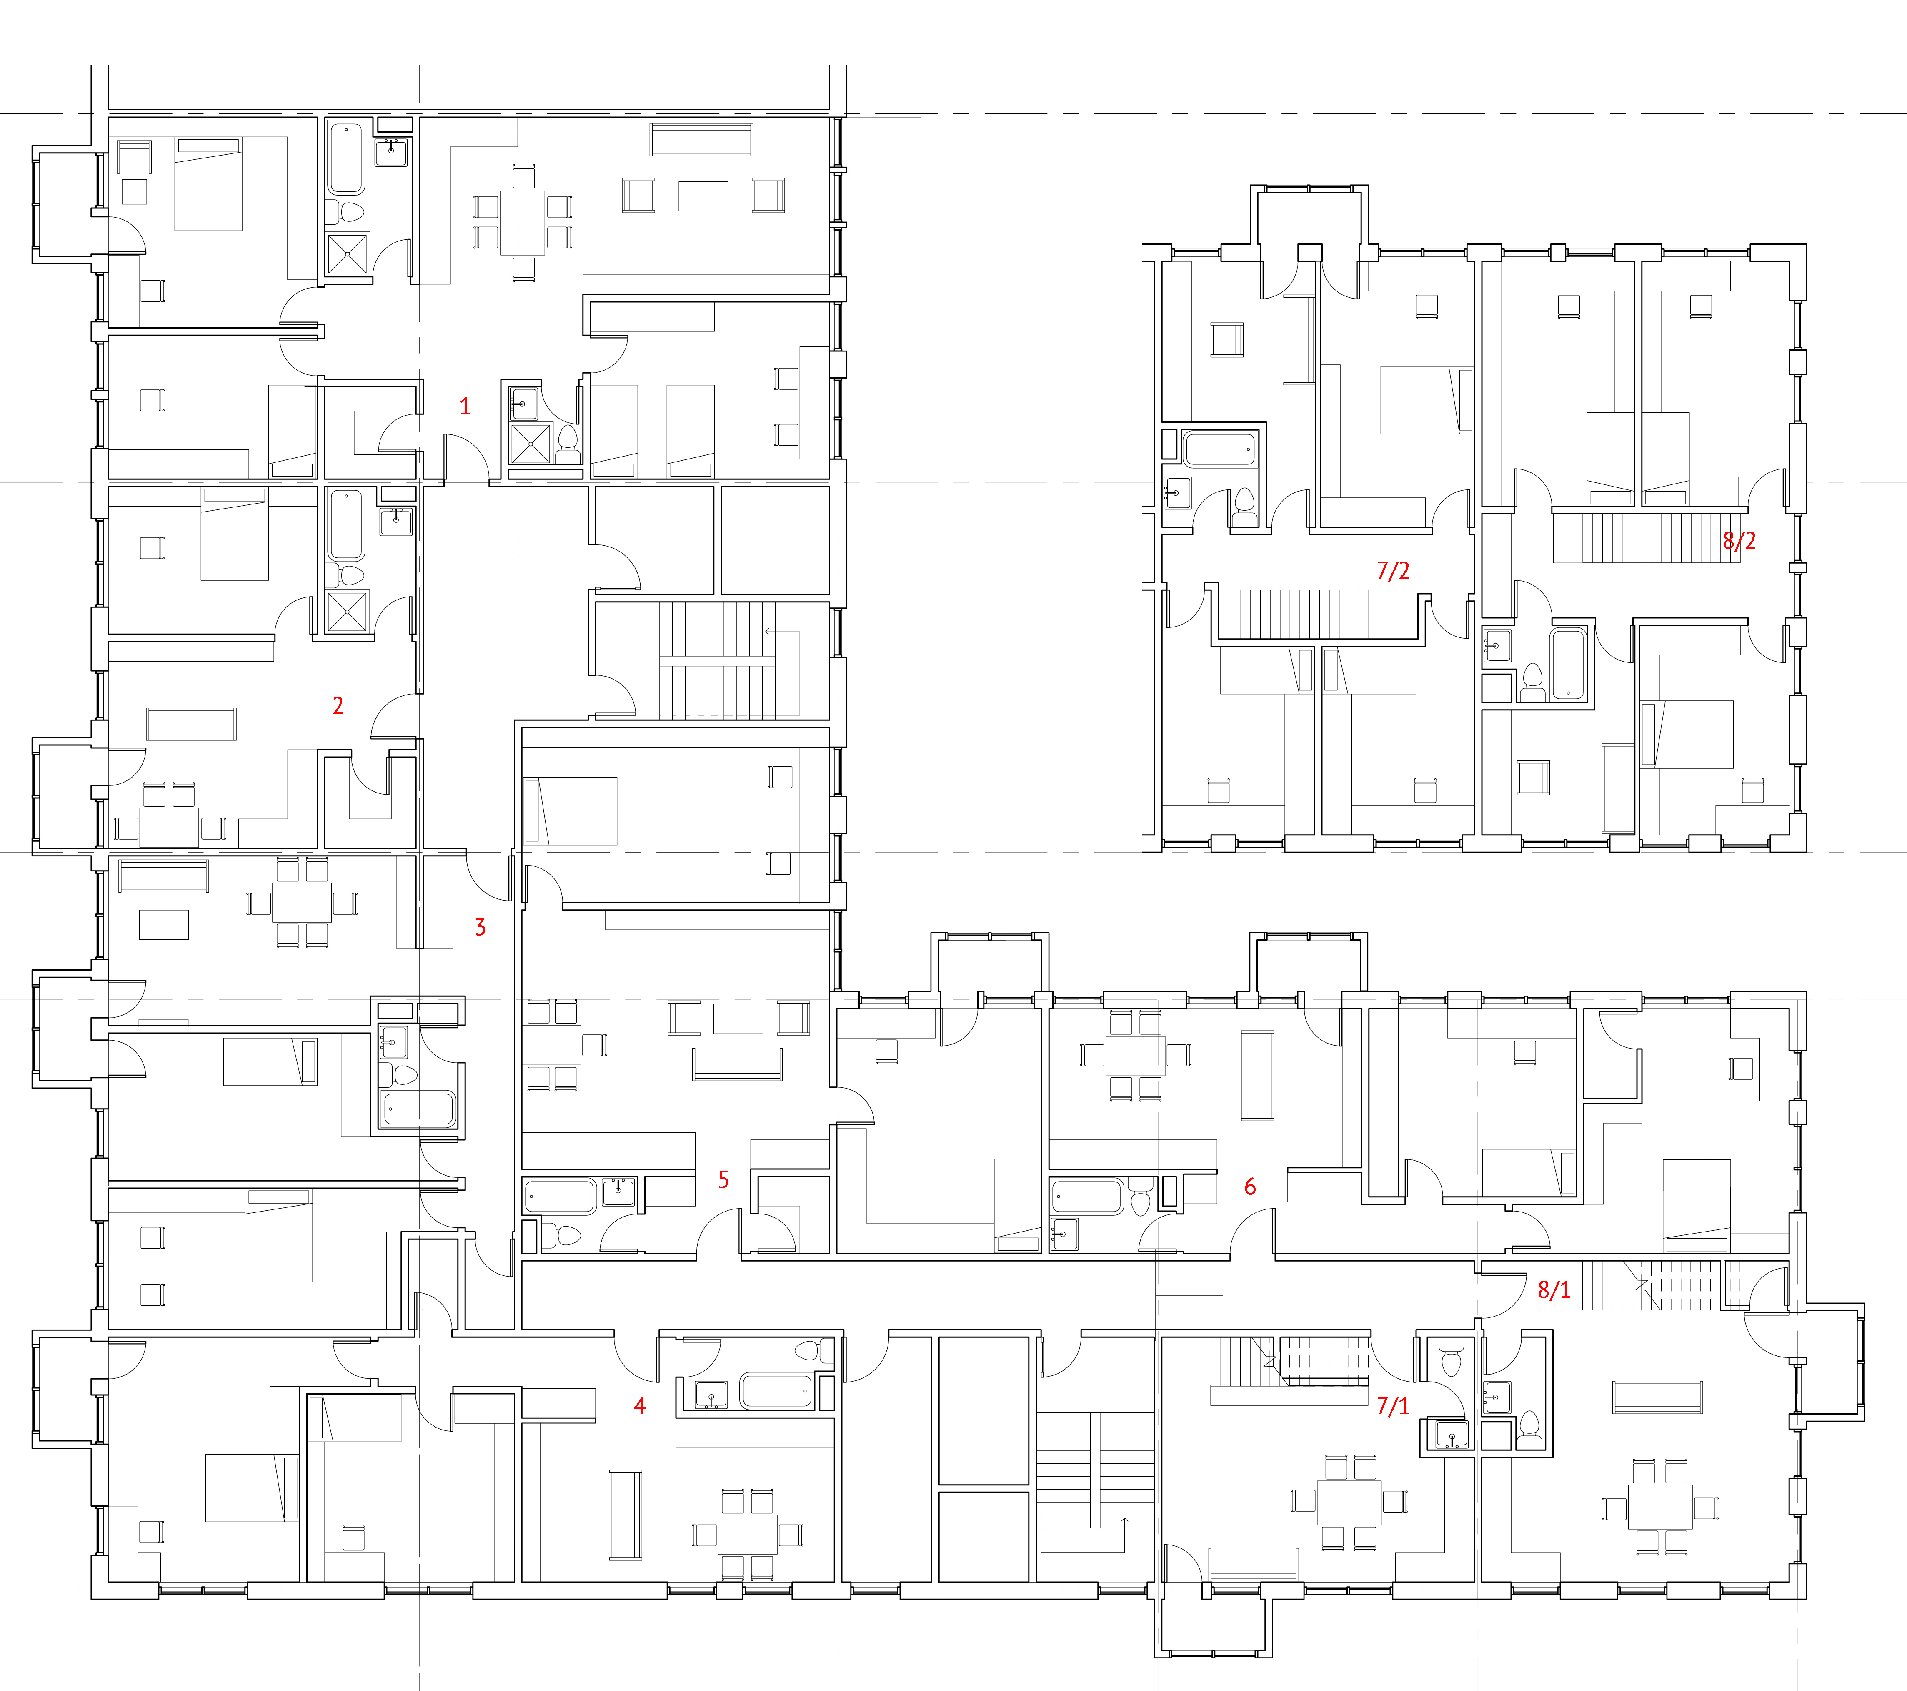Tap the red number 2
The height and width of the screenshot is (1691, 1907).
(338, 705)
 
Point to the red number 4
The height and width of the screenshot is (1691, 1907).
(640, 1405)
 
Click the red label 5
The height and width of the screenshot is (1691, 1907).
(723, 1179)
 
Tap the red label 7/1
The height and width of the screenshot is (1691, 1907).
(1393, 1405)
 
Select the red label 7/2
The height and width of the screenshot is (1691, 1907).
(1393, 570)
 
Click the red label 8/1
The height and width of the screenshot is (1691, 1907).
(1554, 1290)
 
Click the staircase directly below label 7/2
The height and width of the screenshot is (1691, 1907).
(1294, 614)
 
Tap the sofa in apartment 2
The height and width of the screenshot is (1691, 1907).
(191, 724)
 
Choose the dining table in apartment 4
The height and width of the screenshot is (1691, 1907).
(747, 1534)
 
